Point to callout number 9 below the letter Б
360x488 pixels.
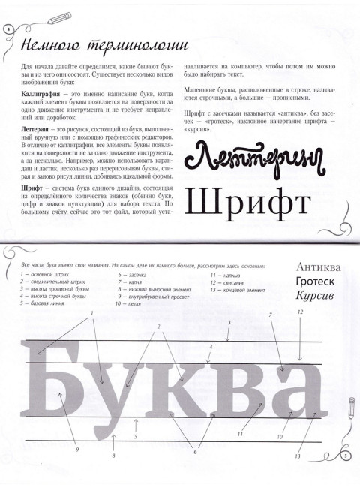point(77,450)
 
